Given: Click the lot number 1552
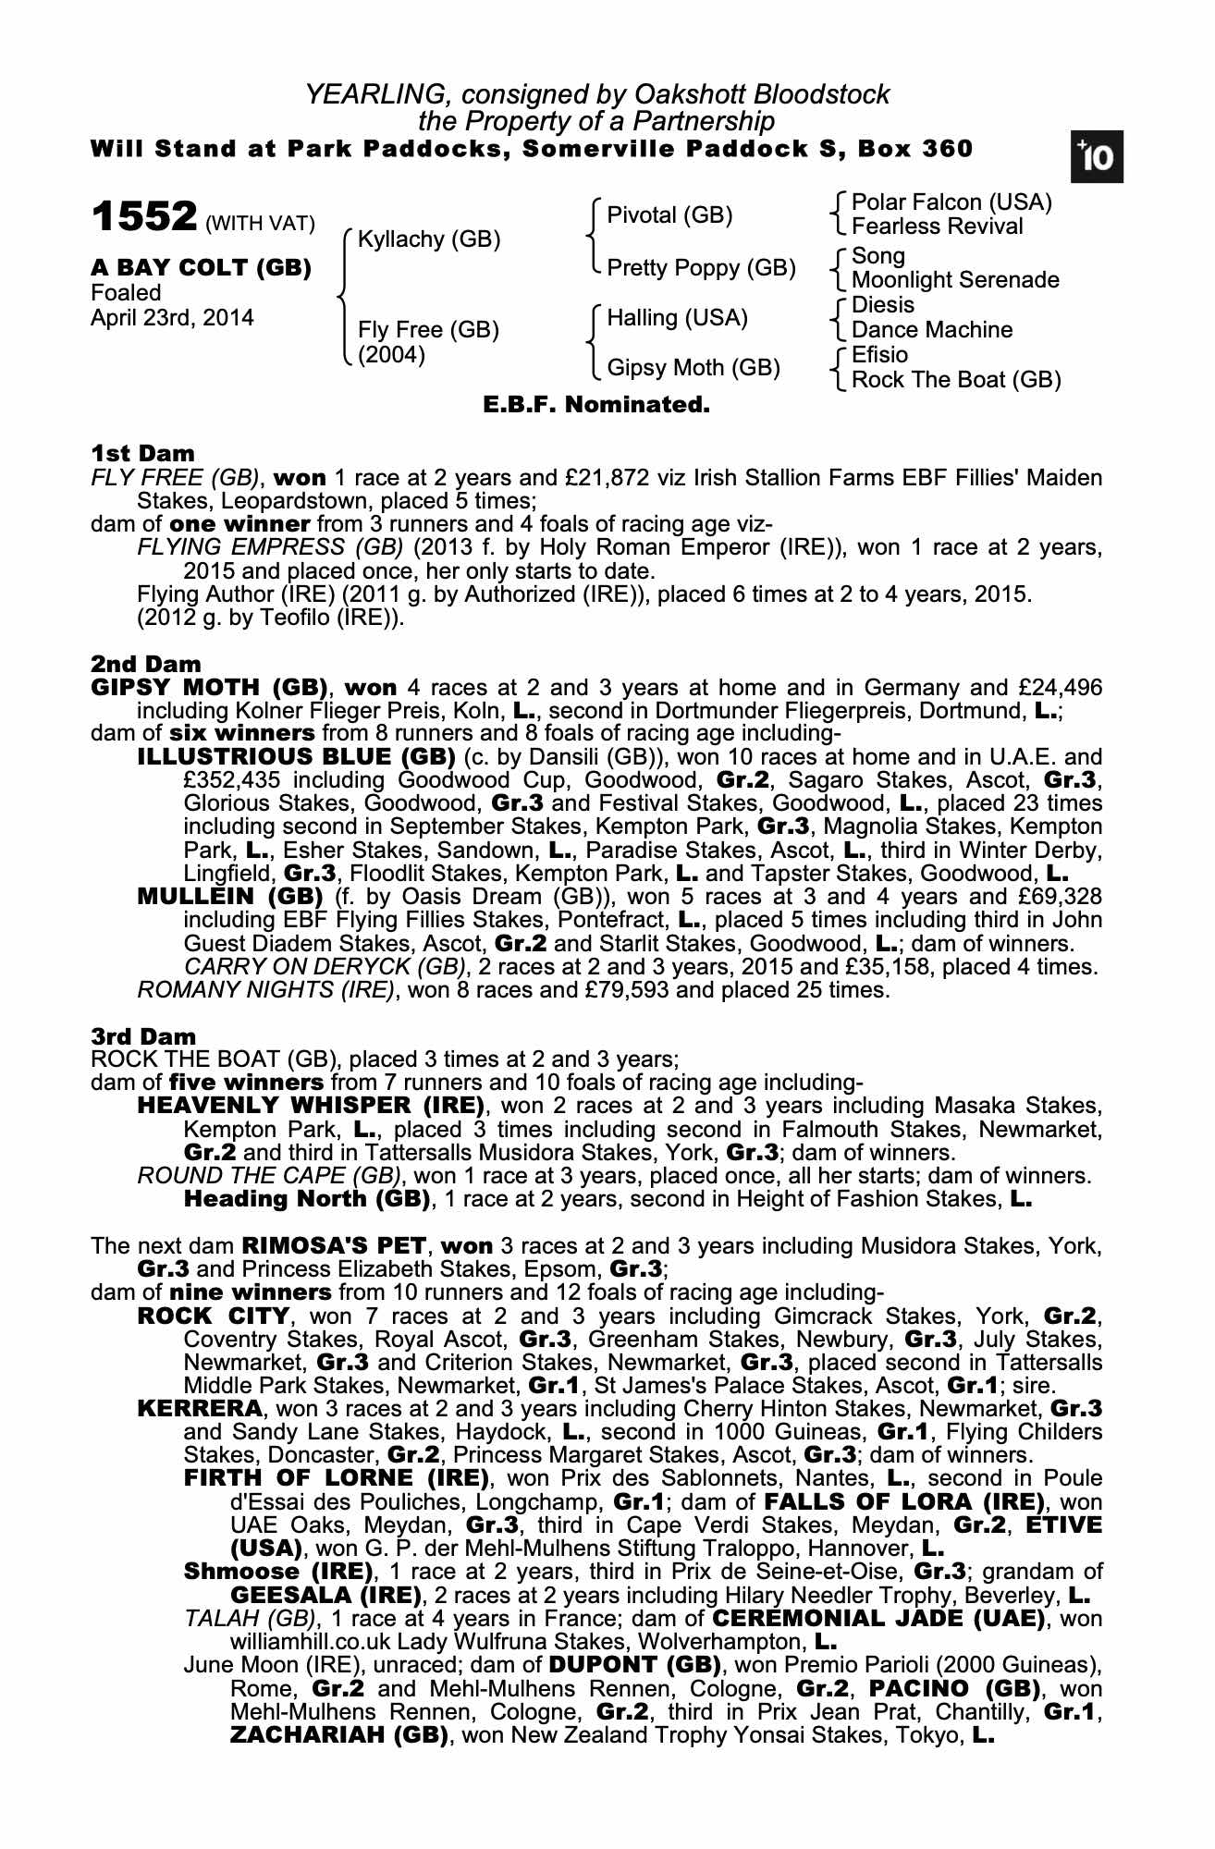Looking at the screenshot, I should pyautogui.click(x=144, y=218).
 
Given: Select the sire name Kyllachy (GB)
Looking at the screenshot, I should pyautogui.click(x=429, y=239).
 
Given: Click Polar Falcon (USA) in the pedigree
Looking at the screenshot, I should pyautogui.click(x=951, y=202).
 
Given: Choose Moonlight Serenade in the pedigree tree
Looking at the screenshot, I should pyautogui.click(x=955, y=280).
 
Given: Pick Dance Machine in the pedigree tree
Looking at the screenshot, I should pyautogui.click(x=931, y=330).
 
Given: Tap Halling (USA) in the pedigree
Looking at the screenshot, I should pyautogui.click(x=677, y=318).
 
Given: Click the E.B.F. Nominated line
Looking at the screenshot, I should pyautogui.click(x=596, y=405).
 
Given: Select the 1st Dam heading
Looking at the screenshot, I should pyautogui.click(x=143, y=454).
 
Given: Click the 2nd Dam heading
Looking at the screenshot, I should pyautogui.click(x=146, y=664).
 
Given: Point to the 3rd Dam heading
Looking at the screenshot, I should pyautogui.click(x=144, y=1036).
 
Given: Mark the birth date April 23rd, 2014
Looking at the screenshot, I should pyautogui.click(x=172, y=318).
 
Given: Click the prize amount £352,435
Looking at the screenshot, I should pyautogui.click(x=227, y=780).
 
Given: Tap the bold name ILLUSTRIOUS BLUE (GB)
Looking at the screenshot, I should pyautogui.click(x=296, y=757).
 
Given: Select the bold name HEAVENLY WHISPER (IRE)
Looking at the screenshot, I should pyautogui.click(x=312, y=1106).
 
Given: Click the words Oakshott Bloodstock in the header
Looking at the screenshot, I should pyautogui.click(x=761, y=94).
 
